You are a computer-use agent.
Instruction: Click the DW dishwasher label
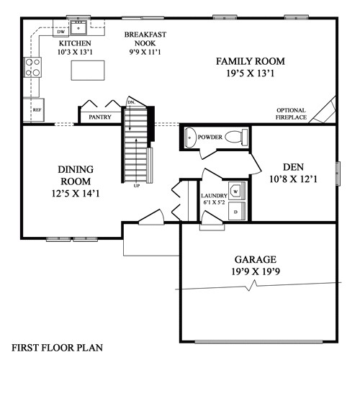pyautogui.click(x=62, y=32)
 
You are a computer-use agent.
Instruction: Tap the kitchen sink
pyautogui.click(x=78, y=27)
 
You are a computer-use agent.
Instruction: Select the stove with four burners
pyautogui.click(x=33, y=68)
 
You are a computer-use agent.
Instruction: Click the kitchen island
pyautogui.click(x=87, y=71)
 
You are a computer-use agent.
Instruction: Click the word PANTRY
pyautogui.click(x=99, y=117)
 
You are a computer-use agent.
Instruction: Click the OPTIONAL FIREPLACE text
pyautogui.click(x=292, y=114)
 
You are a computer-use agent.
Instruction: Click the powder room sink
pyautogui.click(x=190, y=136)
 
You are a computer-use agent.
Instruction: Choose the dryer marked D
pyautogui.click(x=235, y=212)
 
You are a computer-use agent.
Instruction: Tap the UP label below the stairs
pyautogui.click(x=136, y=186)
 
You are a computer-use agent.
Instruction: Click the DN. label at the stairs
pyautogui.click(x=130, y=102)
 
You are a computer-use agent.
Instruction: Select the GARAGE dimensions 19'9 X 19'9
pyautogui.click(x=257, y=272)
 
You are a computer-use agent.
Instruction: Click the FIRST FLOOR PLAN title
pyautogui.click(x=57, y=347)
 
